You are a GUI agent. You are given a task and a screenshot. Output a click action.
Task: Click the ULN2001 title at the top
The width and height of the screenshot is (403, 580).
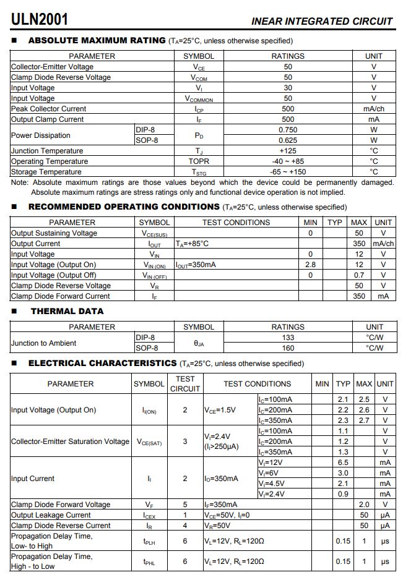pyautogui.click(x=40, y=19)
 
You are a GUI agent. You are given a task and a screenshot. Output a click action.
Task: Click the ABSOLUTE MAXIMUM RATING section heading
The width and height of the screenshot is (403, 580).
pyautogui.click(x=97, y=41)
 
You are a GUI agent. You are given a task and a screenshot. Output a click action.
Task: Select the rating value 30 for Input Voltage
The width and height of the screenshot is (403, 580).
pyautogui.click(x=288, y=88)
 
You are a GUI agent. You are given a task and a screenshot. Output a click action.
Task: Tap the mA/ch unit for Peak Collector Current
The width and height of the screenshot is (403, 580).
pyautogui.click(x=374, y=109)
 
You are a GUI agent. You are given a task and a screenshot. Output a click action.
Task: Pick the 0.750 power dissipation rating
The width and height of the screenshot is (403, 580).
pyautogui.click(x=288, y=130)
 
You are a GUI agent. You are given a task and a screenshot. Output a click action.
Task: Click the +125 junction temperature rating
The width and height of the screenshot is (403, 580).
pyautogui.click(x=288, y=151)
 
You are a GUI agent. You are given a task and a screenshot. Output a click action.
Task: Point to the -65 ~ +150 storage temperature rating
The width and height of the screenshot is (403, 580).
pyautogui.click(x=288, y=172)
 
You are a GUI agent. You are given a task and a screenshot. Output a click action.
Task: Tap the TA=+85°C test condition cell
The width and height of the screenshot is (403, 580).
pyautogui.click(x=192, y=244)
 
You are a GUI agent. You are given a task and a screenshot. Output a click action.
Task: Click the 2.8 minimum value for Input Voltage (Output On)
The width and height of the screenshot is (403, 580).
pyautogui.click(x=310, y=265)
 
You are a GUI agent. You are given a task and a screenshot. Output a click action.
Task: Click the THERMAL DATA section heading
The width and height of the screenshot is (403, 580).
pyautogui.click(x=67, y=311)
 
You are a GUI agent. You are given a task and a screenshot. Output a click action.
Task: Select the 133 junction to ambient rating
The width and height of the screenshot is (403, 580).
pyautogui.click(x=288, y=338)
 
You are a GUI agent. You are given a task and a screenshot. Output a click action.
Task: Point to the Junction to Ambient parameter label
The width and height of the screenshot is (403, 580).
pyautogui.click(x=44, y=343)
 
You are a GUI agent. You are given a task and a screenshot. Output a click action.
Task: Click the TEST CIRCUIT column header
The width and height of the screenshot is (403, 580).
pyautogui.click(x=185, y=383)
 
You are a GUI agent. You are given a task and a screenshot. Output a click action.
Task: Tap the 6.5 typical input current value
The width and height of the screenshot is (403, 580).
pyautogui.click(x=343, y=463)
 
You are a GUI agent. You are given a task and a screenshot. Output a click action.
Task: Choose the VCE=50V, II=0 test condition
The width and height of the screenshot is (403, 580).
pyautogui.click(x=227, y=515)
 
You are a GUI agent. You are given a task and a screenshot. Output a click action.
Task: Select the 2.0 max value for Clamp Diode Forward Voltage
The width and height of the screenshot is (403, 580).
pyautogui.click(x=364, y=505)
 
